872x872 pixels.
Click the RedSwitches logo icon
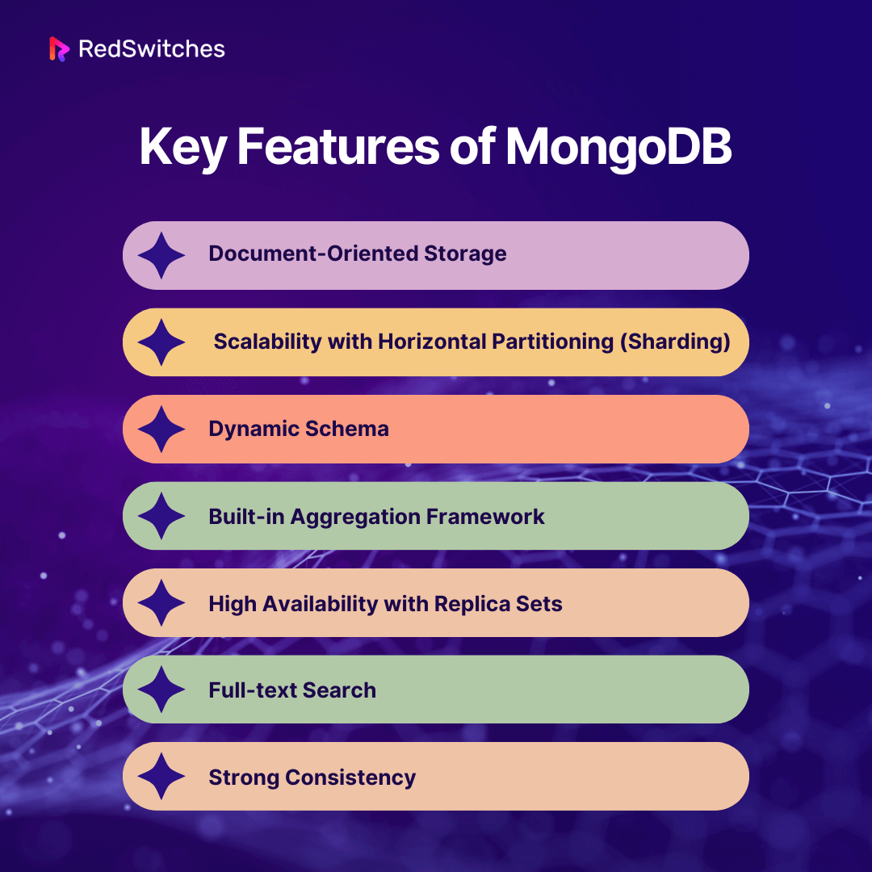click(59, 49)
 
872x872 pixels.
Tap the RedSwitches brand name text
click(152, 49)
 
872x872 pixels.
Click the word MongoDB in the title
click(618, 148)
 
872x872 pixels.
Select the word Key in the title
click(183, 148)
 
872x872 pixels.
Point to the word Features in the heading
click(338, 147)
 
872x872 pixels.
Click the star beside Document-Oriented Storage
click(161, 255)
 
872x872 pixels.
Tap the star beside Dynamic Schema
click(161, 429)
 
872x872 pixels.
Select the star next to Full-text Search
click(161, 690)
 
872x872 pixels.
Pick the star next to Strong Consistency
click(161, 777)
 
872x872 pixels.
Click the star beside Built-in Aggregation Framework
click(161, 515)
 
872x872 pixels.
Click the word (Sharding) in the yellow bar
click(675, 342)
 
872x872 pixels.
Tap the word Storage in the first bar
click(465, 254)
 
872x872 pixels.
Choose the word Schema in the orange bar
click(346, 429)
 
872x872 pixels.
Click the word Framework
click(485, 517)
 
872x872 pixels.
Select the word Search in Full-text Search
click(339, 690)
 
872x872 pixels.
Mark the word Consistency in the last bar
click(350, 778)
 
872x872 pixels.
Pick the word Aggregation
click(354, 518)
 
